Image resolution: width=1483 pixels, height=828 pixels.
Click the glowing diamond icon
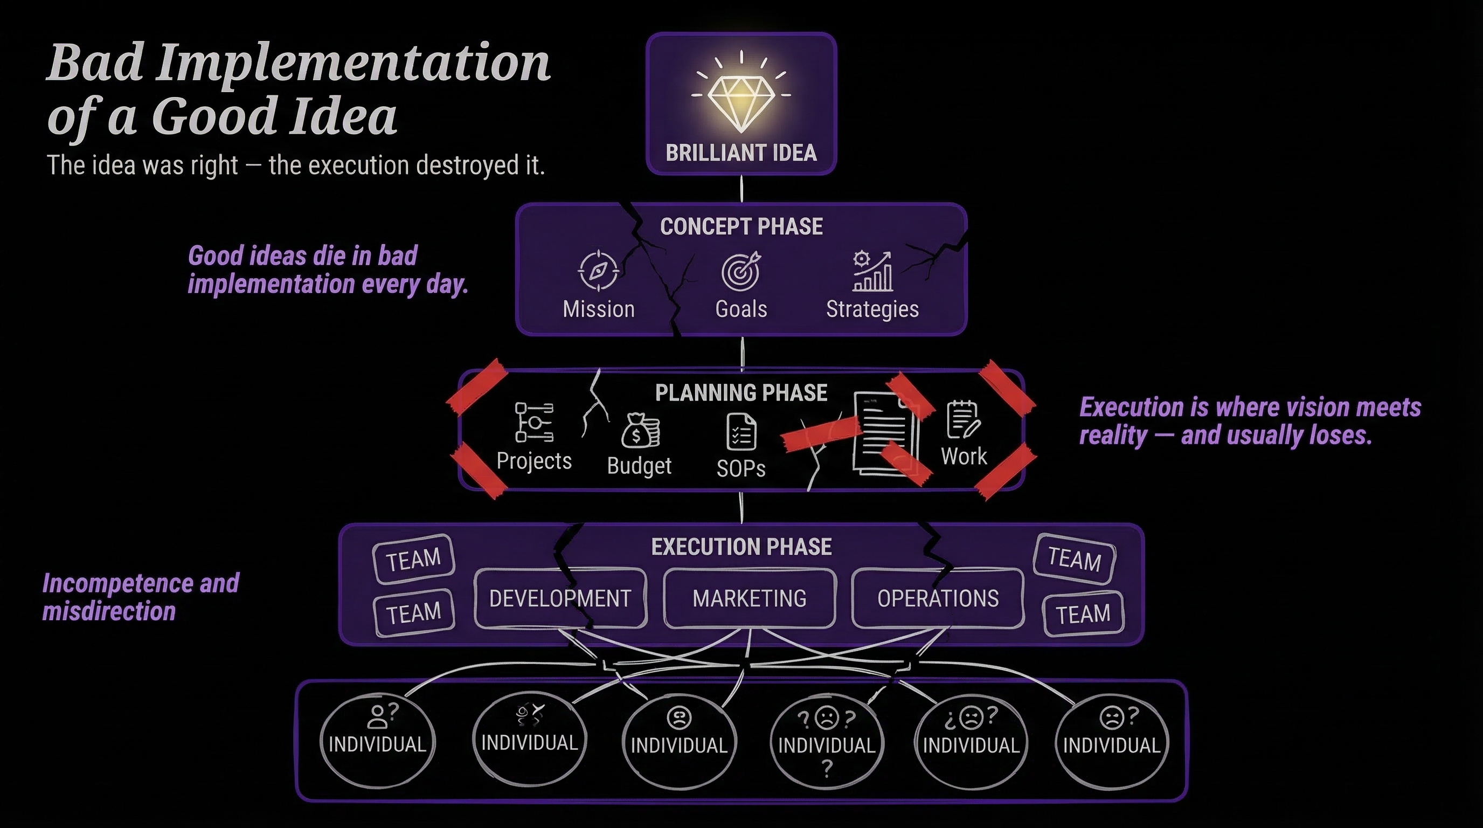tap(741, 101)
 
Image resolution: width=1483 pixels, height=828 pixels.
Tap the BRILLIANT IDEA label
tap(741, 153)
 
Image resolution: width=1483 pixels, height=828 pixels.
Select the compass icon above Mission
tap(598, 270)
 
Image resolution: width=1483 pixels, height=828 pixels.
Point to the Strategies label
tap(872, 309)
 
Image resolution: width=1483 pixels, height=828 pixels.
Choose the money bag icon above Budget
tap(640, 430)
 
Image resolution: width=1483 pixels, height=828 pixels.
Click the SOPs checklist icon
tap(741, 432)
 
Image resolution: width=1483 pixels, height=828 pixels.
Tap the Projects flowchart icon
tap(533, 422)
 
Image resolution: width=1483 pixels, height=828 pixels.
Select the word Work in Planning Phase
tap(964, 456)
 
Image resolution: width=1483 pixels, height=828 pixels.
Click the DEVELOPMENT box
tap(560, 598)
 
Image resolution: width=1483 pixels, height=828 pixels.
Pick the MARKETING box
tap(749, 598)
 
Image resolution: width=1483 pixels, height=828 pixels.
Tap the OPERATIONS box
tap(938, 598)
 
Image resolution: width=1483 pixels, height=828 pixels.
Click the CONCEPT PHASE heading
tap(741, 227)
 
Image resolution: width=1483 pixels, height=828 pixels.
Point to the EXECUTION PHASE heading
tap(741, 547)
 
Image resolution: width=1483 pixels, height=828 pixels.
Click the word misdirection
tap(109, 611)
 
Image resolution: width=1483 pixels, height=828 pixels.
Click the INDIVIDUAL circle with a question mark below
tap(827, 742)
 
